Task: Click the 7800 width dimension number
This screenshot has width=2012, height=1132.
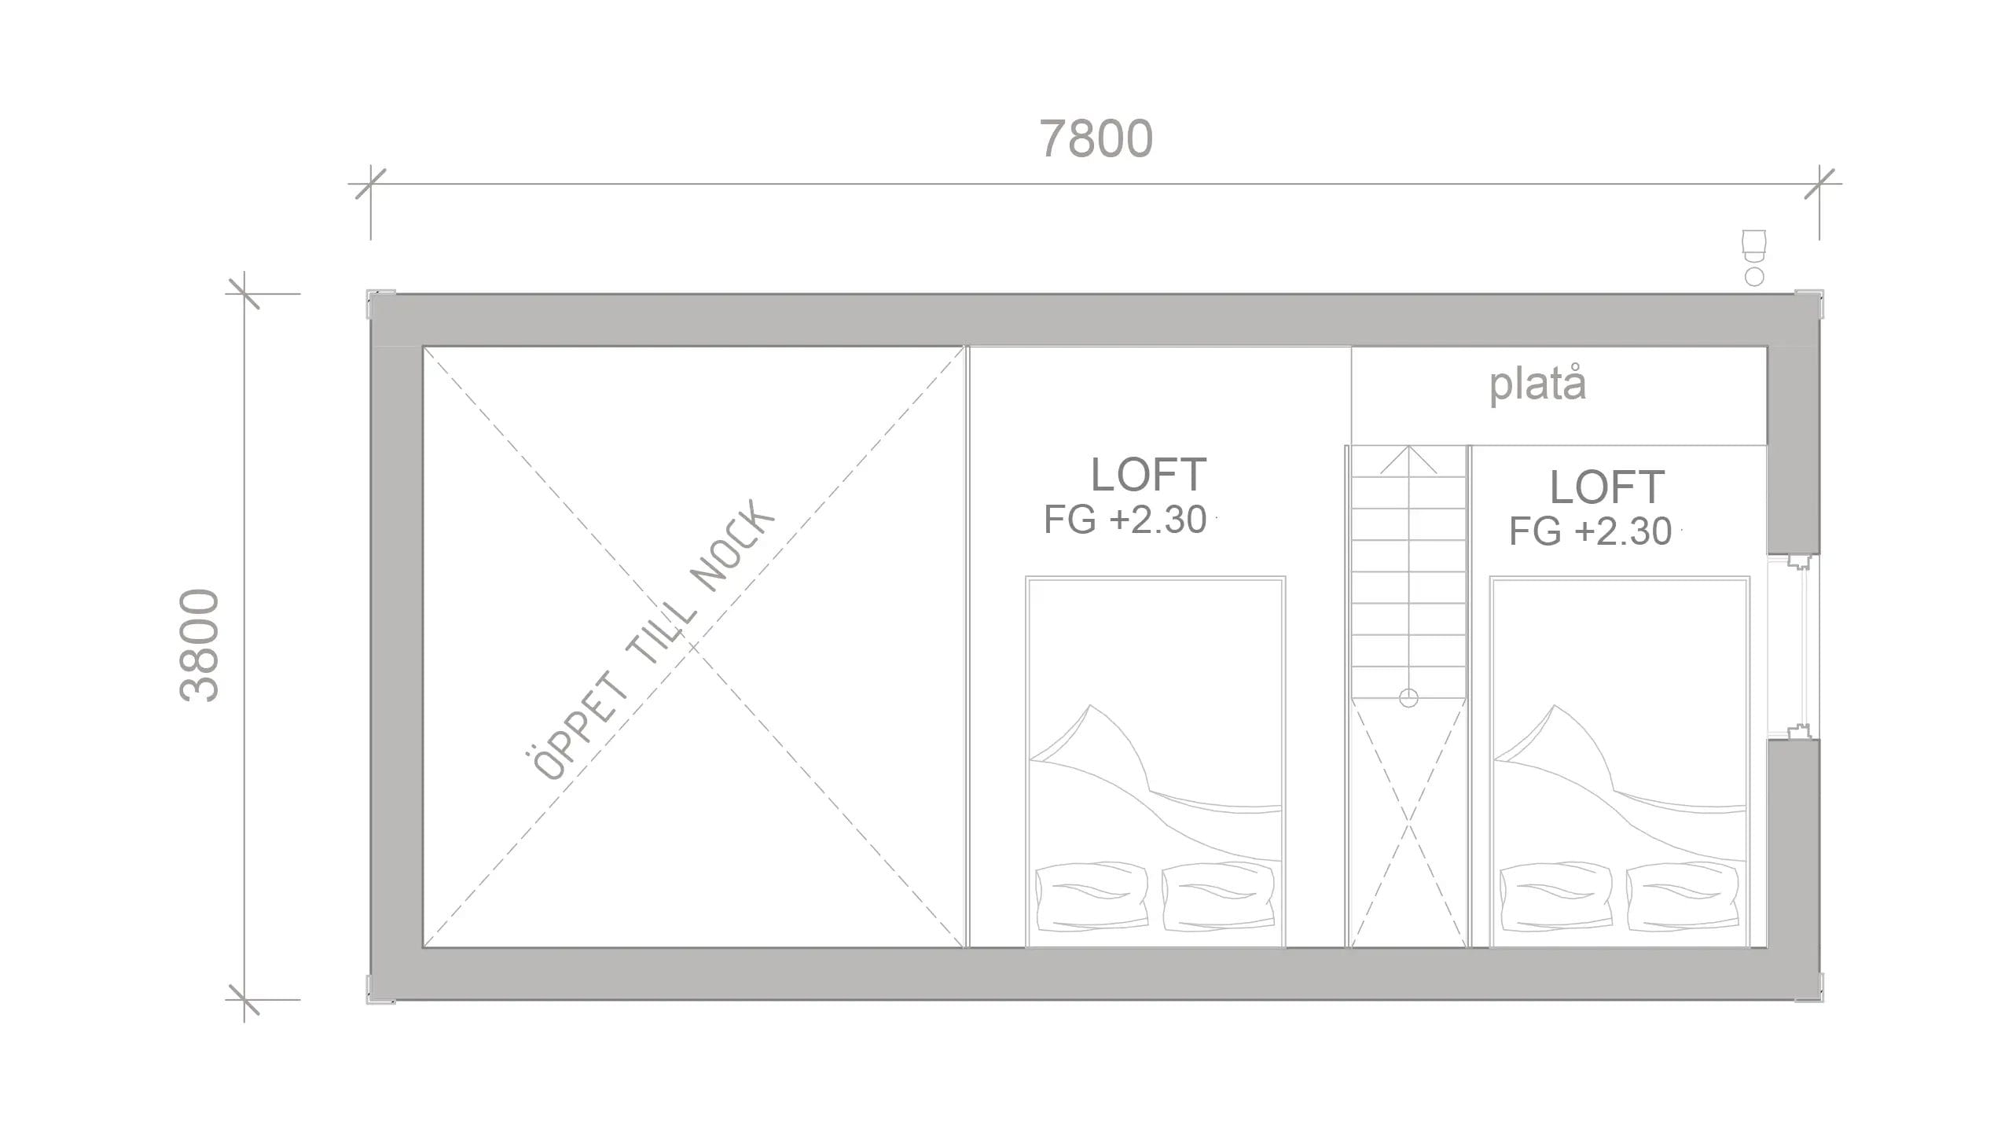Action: click(1096, 139)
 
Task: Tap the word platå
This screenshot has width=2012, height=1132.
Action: click(1537, 385)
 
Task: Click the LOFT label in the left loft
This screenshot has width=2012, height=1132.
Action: click(1148, 475)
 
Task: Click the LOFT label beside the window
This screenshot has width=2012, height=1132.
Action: click(1606, 487)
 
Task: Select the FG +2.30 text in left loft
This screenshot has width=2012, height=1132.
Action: click(1125, 520)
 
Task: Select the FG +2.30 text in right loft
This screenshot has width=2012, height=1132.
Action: click(1590, 532)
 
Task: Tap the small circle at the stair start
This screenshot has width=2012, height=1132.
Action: click(1408, 697)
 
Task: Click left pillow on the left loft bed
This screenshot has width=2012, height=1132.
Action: click(1092, 896)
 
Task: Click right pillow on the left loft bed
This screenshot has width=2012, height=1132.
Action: click(1217, 896)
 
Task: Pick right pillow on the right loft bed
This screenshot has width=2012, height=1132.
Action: click(1681, 896)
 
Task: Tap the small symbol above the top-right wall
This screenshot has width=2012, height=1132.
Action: click(1753, 256)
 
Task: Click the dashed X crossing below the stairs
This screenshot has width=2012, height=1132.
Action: click(1408, 825)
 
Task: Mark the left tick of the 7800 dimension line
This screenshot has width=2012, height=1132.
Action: click(370, 184)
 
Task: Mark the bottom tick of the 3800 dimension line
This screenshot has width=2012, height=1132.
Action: click(244, 1000)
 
